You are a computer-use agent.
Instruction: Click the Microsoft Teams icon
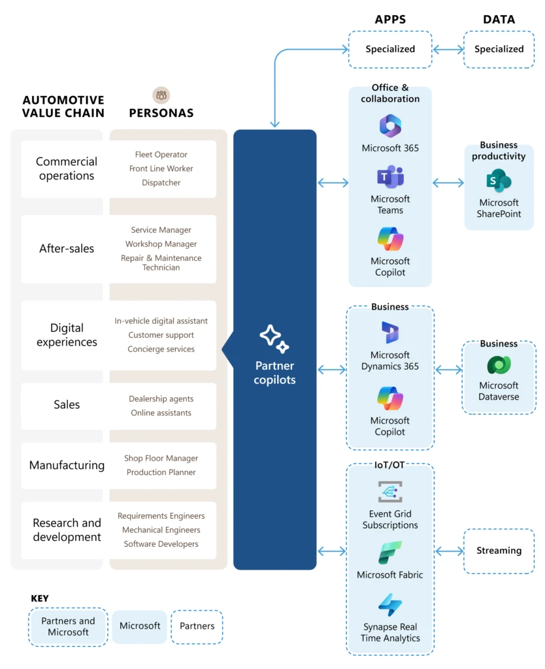(x=390, y=177)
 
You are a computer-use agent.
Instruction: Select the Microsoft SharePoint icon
(x=499, y=181)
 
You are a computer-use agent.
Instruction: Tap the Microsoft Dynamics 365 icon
(x=390, y=333)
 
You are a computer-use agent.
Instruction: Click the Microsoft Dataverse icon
(x=499, y=365)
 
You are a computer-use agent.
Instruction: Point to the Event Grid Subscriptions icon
(x=390, y=492)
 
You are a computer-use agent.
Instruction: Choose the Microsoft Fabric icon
(x=390, y=553)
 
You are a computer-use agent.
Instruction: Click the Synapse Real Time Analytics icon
(x=390, y=605)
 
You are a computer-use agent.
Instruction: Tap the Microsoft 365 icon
(x=390, y=125)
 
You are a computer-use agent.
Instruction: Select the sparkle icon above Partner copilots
(x=274, y=338)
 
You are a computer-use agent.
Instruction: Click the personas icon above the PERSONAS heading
(x=161, y=95)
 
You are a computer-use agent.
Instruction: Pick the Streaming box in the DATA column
(x=499, y=551)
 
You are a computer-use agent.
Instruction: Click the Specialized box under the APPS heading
(x=390, y=49)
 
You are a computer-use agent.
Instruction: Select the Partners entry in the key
(x=197, y=627)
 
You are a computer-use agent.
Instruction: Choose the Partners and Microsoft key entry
(x=68, y=627)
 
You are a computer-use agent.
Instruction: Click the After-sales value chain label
(x=67, y=249)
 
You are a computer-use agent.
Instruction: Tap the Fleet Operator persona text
(x=161, y=155)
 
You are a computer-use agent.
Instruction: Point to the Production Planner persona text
(x=161, y=472)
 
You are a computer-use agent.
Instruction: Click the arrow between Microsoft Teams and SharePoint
(x=448, y=184)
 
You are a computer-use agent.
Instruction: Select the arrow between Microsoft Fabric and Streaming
(x=449, y=551)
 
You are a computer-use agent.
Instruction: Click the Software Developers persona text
(x=161, y=544)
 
